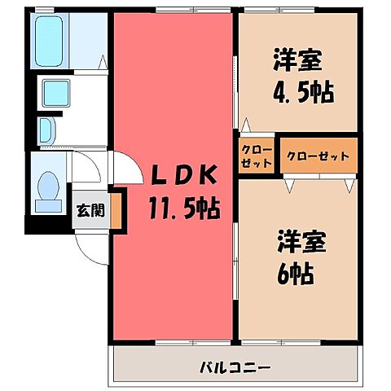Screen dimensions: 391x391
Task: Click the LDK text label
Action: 182,174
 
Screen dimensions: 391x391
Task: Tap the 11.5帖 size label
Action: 182,209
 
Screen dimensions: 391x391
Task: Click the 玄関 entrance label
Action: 90,209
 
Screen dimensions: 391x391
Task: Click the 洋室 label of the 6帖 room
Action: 297,242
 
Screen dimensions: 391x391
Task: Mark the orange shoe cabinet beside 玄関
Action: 116,209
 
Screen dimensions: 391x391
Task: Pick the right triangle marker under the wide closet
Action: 349,184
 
